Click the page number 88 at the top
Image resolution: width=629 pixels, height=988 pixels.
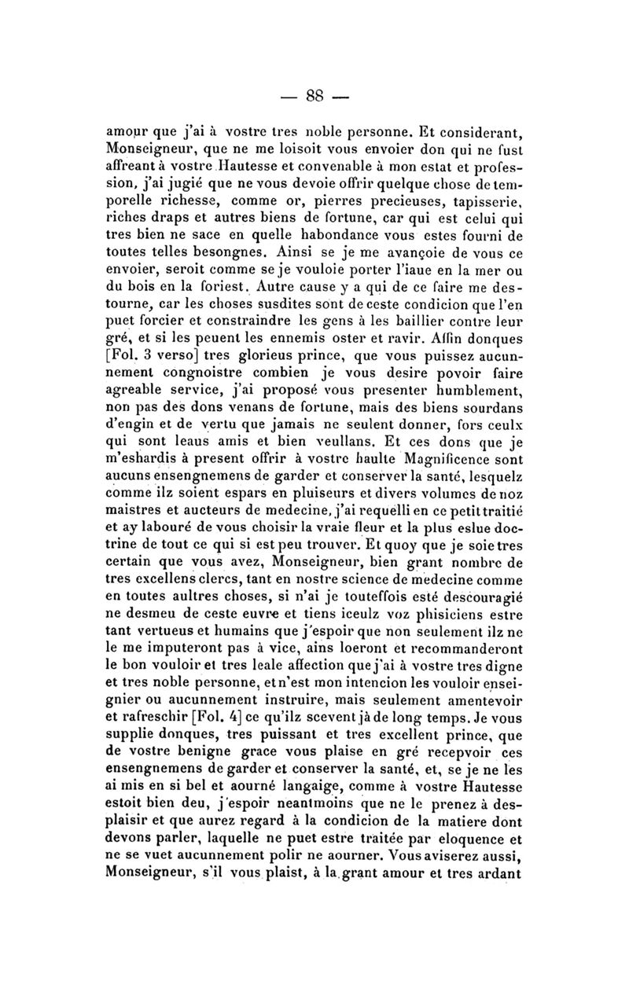point(314,96)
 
